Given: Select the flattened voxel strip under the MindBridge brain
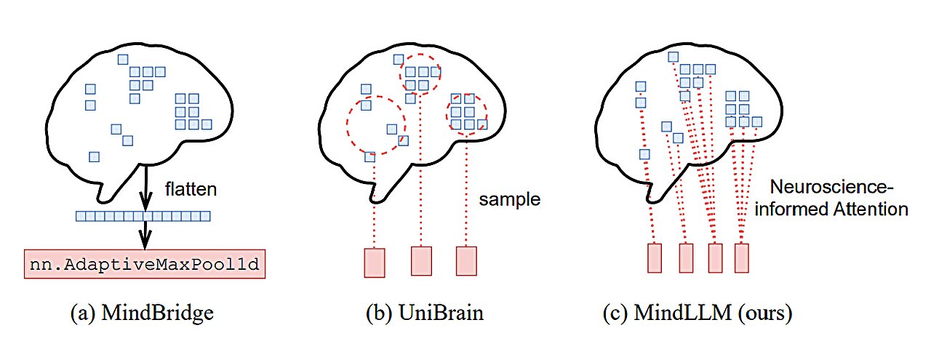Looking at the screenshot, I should [143, 216].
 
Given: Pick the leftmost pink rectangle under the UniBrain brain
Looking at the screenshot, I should [374, 262].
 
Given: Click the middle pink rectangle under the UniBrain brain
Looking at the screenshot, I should [421, 260].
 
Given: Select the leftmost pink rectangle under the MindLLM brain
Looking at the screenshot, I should [655, 258].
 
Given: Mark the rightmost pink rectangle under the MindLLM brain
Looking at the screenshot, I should [741, 258].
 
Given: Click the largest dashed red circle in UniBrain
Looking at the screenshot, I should [375, 124].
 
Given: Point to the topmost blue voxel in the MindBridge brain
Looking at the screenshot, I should [123, 58].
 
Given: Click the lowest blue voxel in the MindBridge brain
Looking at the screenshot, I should [94, 156].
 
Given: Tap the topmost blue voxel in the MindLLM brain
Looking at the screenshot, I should [674, 57].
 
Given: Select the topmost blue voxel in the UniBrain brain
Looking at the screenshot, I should [398, 59].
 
